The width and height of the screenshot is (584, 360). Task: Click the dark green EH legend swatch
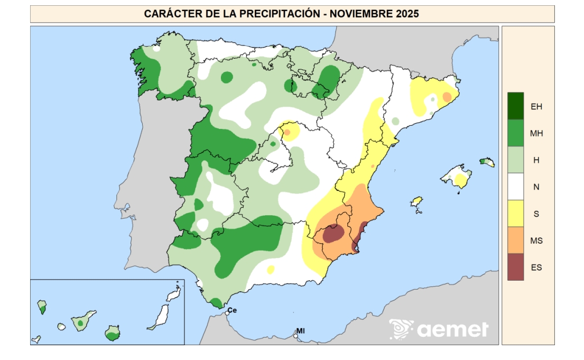coord(515,106)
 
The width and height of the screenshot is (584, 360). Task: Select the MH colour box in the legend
coord(515,133)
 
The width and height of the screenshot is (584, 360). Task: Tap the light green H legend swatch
coord(515,160)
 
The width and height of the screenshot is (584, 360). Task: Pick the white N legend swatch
coord(515,187)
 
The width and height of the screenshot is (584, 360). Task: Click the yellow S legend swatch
coord(515,214)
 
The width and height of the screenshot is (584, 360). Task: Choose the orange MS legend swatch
coord(515,241)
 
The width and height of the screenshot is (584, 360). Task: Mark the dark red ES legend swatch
coord(515,267)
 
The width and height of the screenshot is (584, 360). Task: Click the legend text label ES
coord(536,267)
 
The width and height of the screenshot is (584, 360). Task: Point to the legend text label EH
coord(536,106)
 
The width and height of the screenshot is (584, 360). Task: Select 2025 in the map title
coord(407,14)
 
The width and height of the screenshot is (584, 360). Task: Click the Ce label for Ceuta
coord(233,310)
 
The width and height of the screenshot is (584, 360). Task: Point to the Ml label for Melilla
coord(301,331)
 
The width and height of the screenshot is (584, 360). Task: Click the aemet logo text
coord(452,330)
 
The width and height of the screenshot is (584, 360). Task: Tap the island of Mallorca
coord(458,177)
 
